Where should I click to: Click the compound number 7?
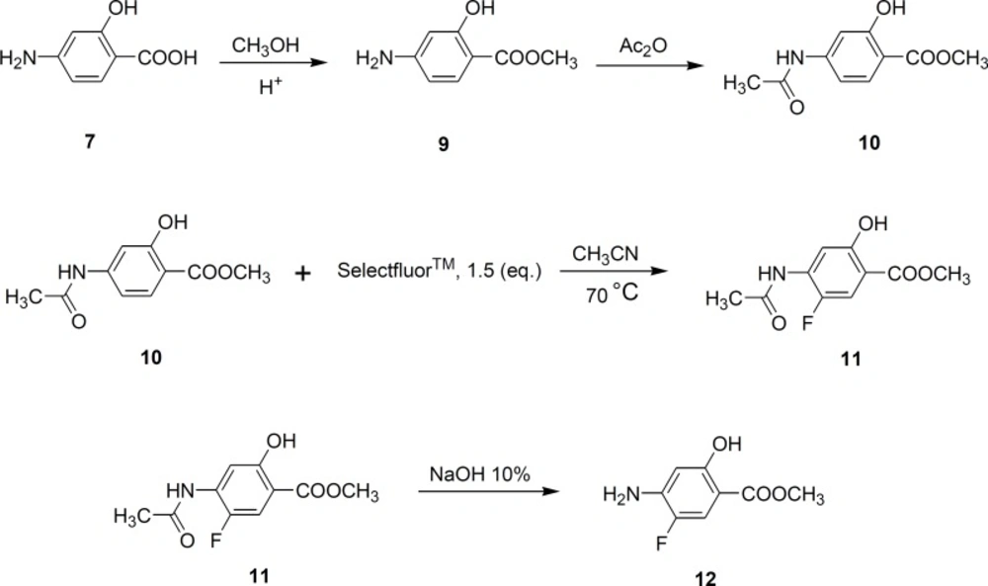coord(90,141)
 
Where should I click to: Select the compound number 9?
coord(444,144)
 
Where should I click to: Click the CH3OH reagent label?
coord(265,46)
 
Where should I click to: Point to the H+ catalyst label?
coord(269,87)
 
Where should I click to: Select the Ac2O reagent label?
coord(643,46)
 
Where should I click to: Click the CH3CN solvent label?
coord(605,255)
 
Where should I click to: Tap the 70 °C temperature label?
coord(612,293)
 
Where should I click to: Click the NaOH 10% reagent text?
coord(479,474)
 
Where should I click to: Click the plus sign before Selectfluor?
coord(303,274)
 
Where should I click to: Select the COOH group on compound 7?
coord(167,58)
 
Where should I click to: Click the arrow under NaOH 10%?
coord(489,491)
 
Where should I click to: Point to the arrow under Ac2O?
coord(650,65)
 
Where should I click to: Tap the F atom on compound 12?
coord(661,544)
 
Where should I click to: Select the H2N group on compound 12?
coord(620,495)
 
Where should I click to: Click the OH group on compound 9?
coord(480,8)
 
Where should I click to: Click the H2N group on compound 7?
coord(18,58)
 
